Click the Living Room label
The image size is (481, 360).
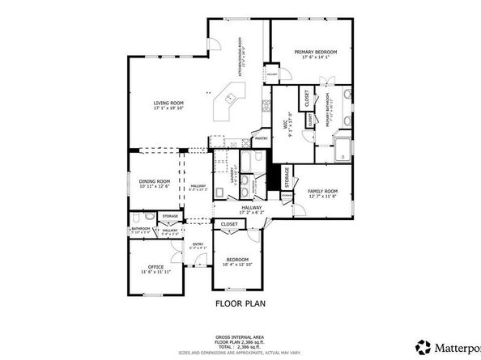click(170, 103)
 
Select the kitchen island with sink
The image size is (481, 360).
click(230, 104)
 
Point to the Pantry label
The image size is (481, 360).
click(261, 138)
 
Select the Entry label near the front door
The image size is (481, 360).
click(198, 244)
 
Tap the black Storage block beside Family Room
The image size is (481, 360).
click(284, 176)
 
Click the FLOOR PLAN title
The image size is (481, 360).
click(240, 304)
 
